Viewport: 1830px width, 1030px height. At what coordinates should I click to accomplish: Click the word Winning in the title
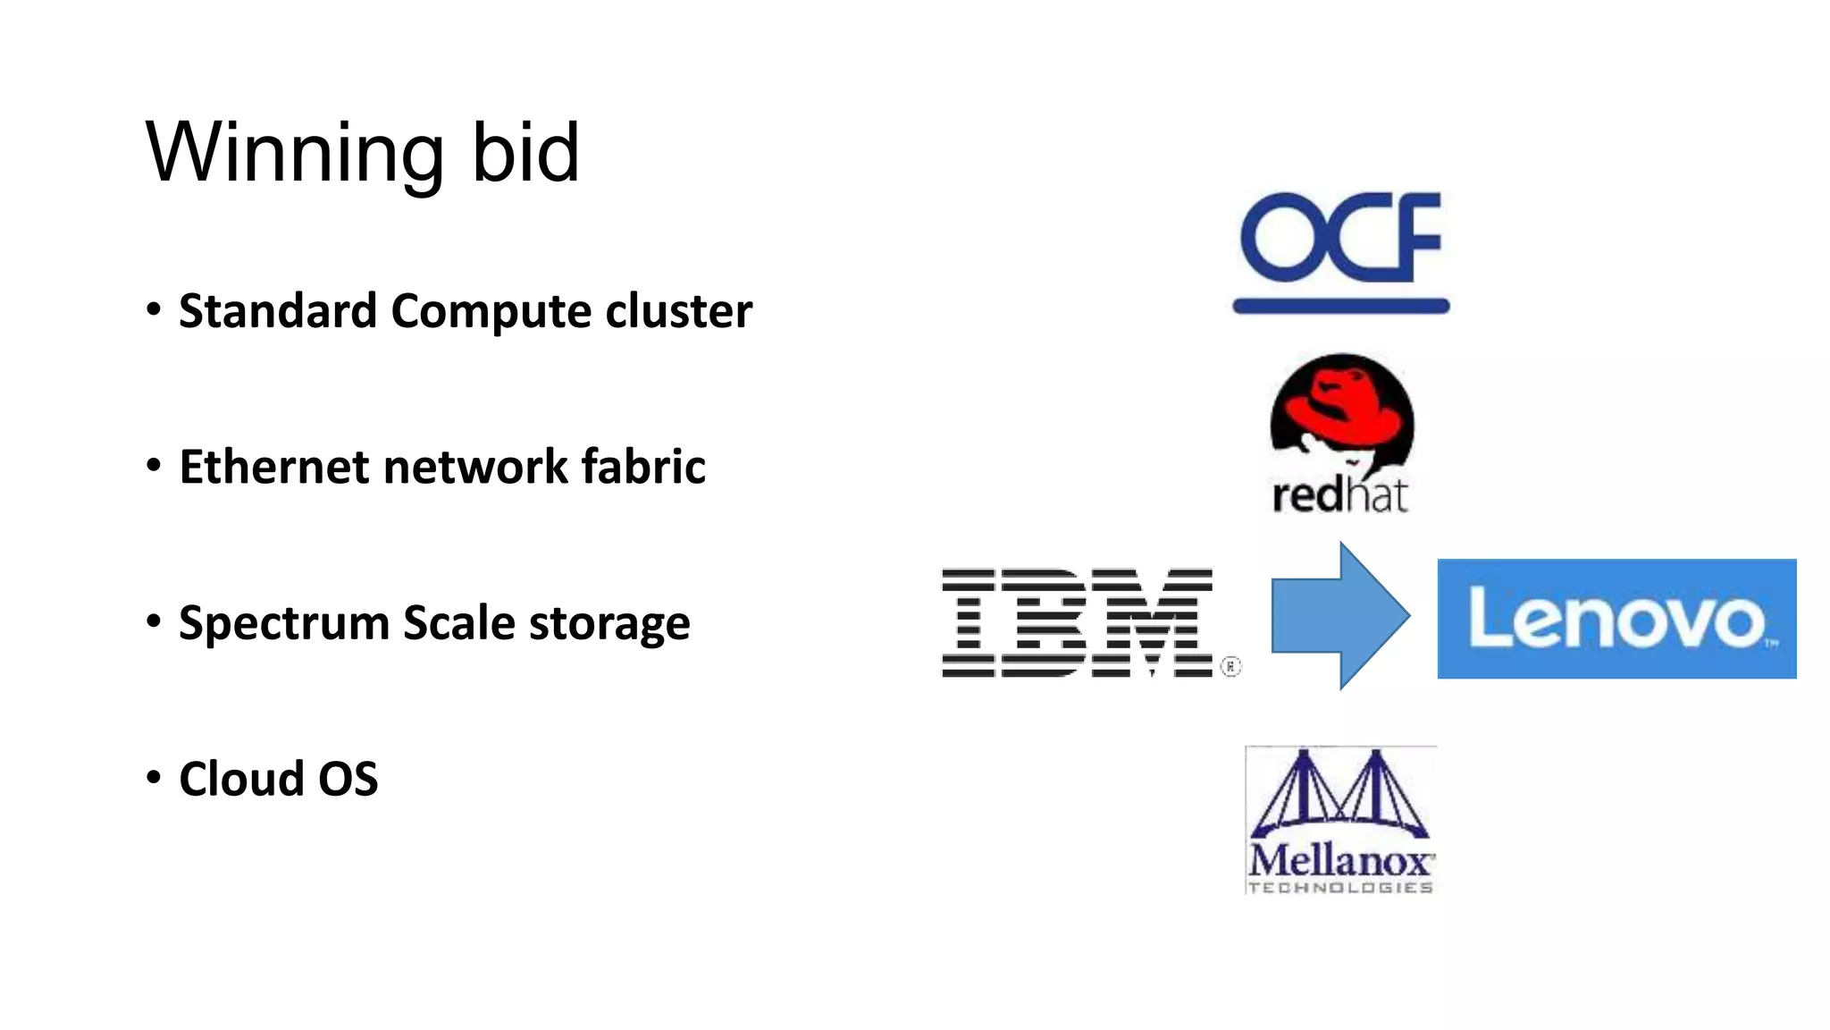tap(295, 154)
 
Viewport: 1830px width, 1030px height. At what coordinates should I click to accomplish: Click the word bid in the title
tap(525, 154)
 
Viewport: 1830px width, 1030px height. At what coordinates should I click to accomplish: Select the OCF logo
tap(1340, 237)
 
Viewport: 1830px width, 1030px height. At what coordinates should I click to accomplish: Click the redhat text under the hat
tap(1339, 494)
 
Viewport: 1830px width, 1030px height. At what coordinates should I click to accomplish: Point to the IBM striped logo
tap(1078, 622)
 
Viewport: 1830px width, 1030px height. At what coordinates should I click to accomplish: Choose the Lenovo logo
tap(1616, 619)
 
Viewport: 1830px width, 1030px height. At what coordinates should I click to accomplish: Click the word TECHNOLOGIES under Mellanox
tap(1340, 887)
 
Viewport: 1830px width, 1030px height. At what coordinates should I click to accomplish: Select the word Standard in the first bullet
tap(277, 311)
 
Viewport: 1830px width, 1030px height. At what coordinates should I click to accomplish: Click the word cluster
tap(679, 311)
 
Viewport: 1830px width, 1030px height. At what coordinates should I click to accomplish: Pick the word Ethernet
tap(273, 467)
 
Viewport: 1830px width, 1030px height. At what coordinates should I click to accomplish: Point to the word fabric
tap(643, 467)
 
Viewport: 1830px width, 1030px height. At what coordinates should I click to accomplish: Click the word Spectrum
tap(283, 624)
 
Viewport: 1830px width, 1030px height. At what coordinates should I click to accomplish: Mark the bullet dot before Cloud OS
tap(154, 776)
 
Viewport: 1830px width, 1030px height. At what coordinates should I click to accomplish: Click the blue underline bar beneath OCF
tap(1340, 307)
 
